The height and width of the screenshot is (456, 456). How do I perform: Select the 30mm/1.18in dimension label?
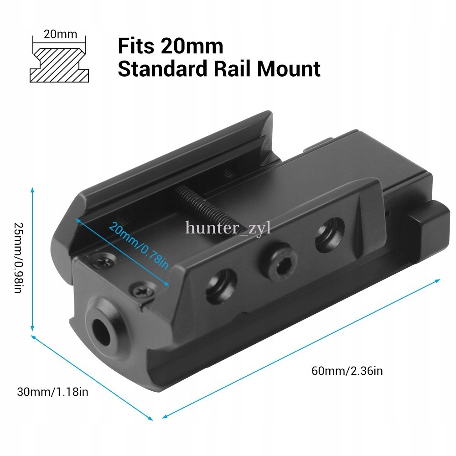tap(52, 392)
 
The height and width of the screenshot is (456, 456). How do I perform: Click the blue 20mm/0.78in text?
tap(139, 246)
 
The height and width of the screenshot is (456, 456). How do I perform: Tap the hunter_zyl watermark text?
tap(228, 227)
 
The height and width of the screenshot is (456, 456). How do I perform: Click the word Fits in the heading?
tap(136, 46)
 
